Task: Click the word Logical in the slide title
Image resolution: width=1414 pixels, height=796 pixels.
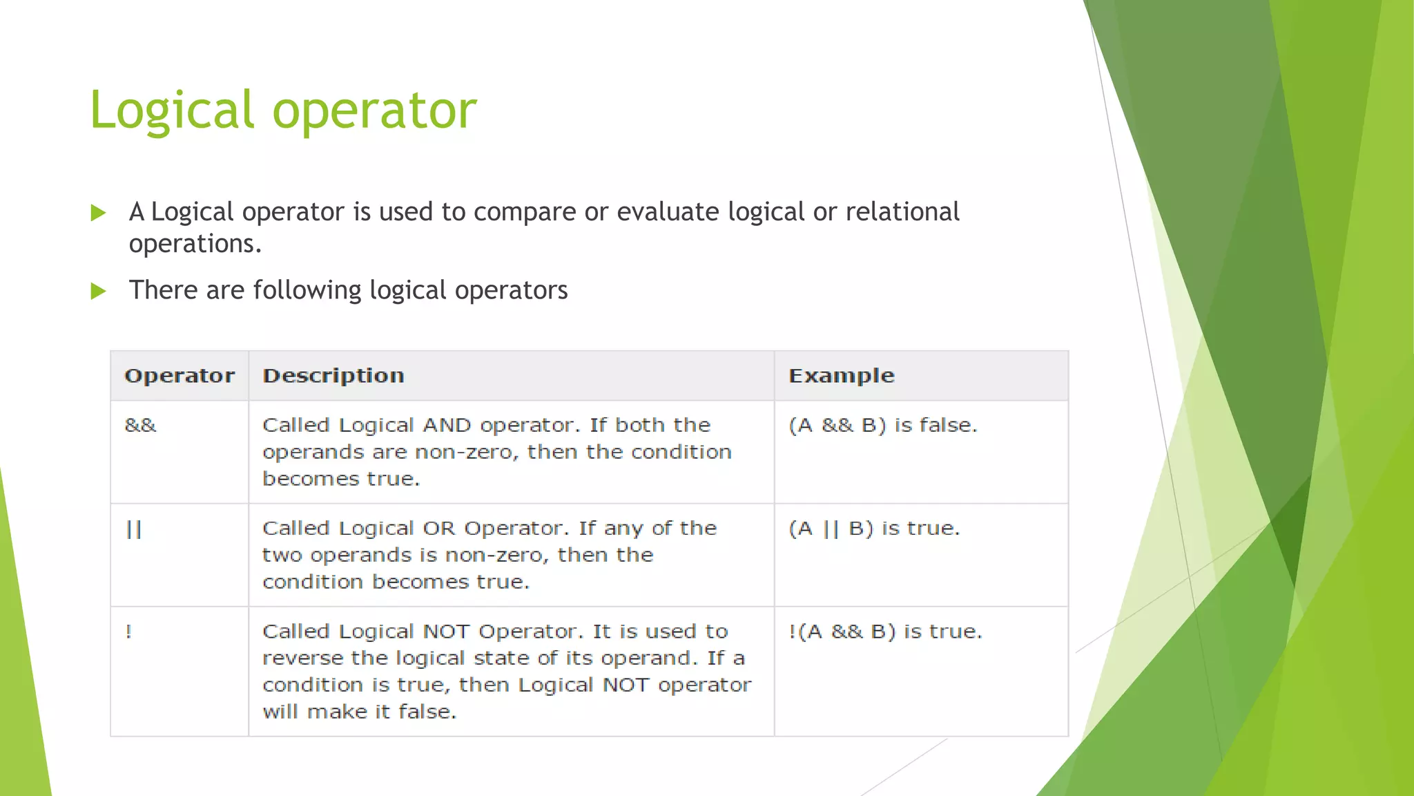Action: tap(172, 111)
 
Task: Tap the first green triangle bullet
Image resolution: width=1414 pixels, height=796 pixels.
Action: tap(99, 213)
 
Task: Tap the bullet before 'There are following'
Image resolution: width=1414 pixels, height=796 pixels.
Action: tap(99, 291)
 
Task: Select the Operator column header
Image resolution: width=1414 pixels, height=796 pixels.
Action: tap(180, 376)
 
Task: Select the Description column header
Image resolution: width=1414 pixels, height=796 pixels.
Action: tap(333, 376)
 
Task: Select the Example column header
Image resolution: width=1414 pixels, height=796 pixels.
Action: tap(841, 376)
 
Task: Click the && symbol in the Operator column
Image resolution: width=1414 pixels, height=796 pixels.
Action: tap(141, 425)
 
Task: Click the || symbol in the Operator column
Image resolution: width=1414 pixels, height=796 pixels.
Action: tap(134, 529)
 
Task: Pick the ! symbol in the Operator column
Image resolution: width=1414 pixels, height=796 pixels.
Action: tap(128, 632)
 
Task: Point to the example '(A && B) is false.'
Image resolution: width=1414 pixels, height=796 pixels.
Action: tap(883, 425)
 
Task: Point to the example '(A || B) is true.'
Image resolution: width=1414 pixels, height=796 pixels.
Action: tap(874, 529)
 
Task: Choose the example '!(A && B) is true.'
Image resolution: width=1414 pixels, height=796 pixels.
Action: tap(885, 632)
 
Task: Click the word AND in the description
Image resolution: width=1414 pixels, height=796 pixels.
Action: tap(447, 425)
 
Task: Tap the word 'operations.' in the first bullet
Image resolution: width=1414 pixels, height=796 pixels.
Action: tap(195, 245)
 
